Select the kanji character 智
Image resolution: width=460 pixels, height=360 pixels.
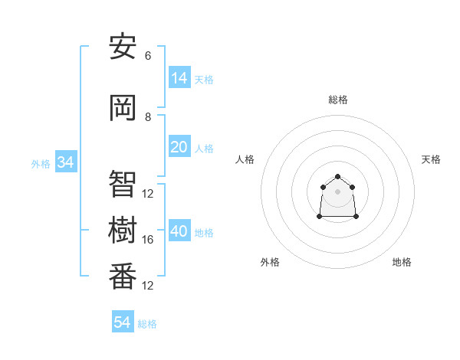pos(123,182)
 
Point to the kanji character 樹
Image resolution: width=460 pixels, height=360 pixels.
pos(123,229)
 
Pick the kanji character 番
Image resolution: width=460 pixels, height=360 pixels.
pos(123,275)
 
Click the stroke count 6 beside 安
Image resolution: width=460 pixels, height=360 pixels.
pos(148,56)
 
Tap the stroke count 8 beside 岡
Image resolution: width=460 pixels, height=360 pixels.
pos(148,117)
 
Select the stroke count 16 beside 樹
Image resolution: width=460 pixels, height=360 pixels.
pos(148,240)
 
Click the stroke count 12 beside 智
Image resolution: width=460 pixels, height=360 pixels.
pos(148,194)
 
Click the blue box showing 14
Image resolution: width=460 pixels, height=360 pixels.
pos(179,77)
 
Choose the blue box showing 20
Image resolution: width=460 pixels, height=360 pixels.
pos(179,147)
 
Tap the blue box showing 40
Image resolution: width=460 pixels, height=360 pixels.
pos(179,231)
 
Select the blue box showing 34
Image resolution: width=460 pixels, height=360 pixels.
pos(65,162)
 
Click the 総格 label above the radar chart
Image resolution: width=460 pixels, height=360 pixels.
pos(337,100)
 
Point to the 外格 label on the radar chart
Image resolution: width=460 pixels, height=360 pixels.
pos(270,262)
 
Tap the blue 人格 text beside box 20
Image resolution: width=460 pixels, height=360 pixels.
pos(204,148)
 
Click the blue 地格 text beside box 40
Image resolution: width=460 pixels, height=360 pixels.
pos(204,232)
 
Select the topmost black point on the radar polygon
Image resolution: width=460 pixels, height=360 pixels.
pos(337,177)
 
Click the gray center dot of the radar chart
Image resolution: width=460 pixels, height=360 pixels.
pos(337,191)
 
